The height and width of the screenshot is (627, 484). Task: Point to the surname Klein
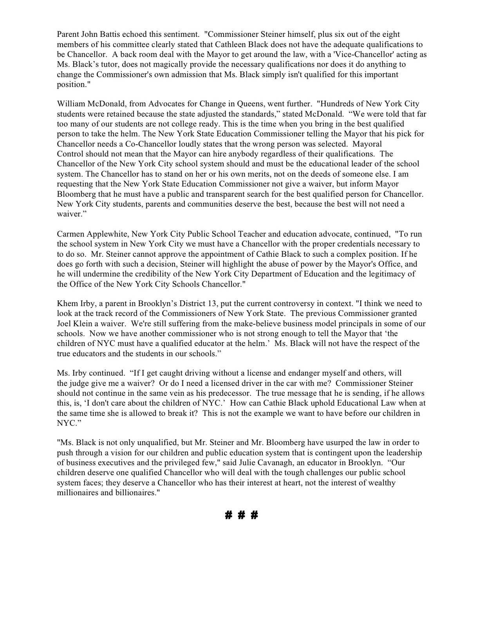[83, 324]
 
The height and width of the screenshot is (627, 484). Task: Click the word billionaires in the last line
[134, 493]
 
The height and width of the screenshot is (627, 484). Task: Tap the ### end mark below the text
[242, 515]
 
